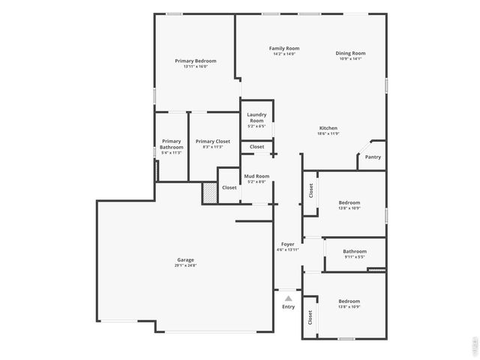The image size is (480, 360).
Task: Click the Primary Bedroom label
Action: [x=195, y=61]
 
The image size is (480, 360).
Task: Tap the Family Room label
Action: [x=283, y=48]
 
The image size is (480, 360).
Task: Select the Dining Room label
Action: [x=350, y=53]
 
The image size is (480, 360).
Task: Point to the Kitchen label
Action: [x=328, y=128]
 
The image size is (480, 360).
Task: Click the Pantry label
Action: [x=373, y=157]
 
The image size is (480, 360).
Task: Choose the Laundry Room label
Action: [x=256, y=118]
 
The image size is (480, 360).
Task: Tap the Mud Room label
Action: [x=256, y=176]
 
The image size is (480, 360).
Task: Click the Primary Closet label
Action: [x=213, y=141]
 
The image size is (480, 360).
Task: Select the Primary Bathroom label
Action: [x=171, y=144]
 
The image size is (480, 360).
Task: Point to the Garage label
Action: [x=185, y=259]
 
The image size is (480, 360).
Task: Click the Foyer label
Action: [x=287, y=244]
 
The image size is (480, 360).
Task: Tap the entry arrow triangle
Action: [x=288, y=298]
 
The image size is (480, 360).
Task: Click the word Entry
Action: [x=288, y=307]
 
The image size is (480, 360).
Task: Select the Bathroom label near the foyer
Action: [x=355, y=251]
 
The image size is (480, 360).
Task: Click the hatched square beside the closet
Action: [x=209, y=193]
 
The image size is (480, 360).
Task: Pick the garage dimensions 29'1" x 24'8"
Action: [x=185, y=265]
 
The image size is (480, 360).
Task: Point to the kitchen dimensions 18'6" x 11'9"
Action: [x=328, y=133]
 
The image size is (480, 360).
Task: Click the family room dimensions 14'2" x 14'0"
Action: [x=283, y=54]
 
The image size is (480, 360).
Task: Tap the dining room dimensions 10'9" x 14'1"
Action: [x=350, y=58]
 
